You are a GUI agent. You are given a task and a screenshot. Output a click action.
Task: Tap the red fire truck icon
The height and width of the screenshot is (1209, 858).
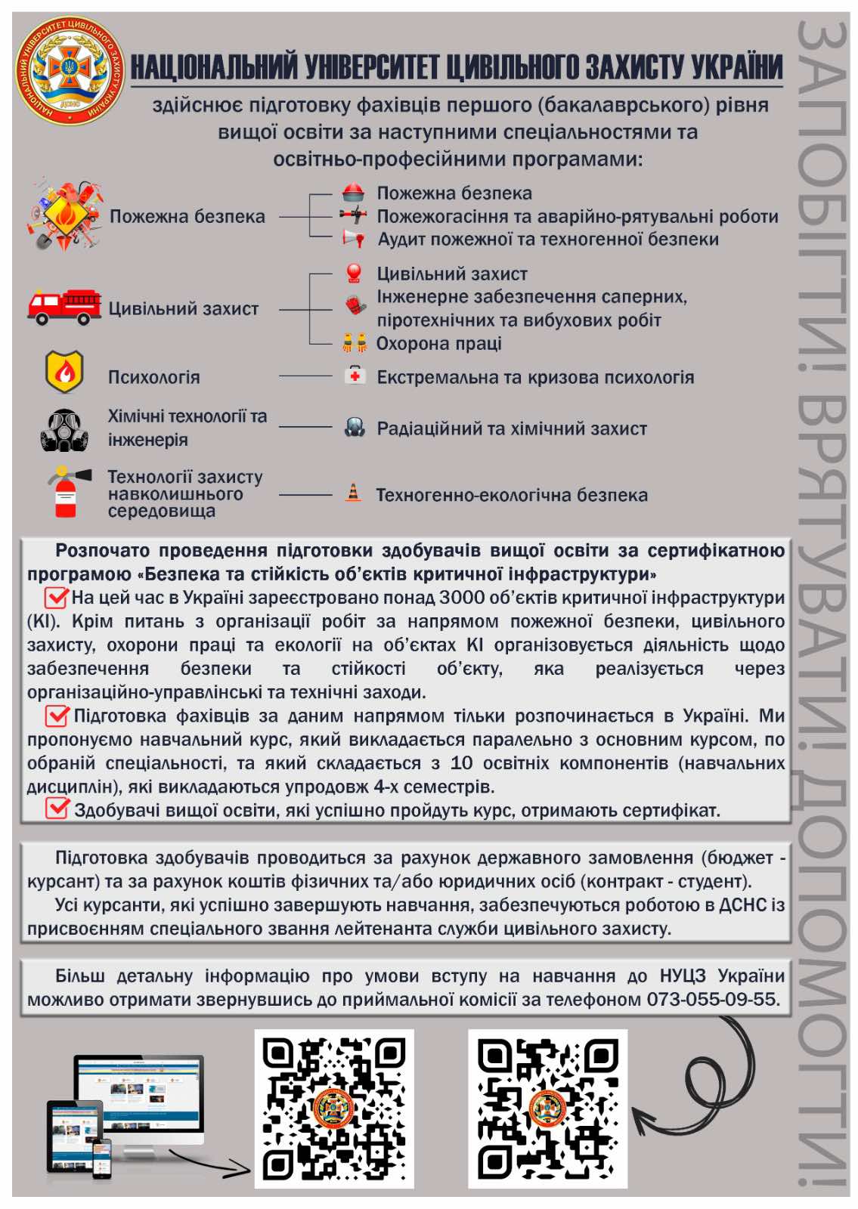64,306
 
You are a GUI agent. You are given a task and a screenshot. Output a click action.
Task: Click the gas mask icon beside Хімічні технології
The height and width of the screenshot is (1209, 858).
64,429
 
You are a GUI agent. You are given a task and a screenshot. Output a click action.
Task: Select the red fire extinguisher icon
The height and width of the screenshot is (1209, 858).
67,492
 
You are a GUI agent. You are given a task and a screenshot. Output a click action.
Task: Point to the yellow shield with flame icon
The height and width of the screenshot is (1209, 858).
64,371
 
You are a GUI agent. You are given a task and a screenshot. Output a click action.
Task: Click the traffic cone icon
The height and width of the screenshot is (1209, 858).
353,493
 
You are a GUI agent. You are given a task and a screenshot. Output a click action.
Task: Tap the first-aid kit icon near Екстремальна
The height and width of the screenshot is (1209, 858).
355,376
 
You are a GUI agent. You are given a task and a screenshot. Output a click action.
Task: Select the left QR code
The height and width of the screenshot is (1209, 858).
334,1108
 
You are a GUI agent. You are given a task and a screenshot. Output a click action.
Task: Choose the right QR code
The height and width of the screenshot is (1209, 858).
547,1108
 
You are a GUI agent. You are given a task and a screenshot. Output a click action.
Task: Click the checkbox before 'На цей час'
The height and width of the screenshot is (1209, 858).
57,597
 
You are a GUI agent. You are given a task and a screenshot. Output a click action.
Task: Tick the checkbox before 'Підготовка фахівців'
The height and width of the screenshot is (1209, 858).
57,715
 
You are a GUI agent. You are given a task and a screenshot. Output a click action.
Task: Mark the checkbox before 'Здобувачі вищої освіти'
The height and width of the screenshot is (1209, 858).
57,809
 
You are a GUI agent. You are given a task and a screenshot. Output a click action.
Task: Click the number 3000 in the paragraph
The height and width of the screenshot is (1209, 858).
463,598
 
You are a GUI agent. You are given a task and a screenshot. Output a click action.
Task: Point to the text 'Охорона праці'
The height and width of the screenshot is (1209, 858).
438,344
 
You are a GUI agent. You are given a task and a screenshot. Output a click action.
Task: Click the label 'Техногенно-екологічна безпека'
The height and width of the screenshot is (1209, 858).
512,495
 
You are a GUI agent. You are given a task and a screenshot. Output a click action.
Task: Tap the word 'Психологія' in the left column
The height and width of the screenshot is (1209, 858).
153,377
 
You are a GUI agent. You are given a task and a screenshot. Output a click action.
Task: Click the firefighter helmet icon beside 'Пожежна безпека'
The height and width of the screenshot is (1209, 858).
353,193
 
